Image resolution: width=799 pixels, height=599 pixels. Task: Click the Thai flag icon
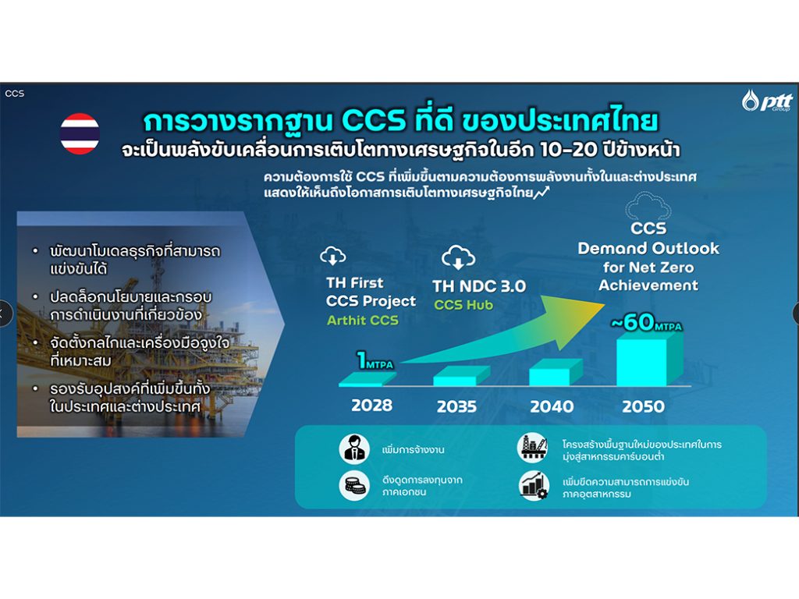coord(80,133)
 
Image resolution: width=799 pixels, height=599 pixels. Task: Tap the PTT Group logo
coord(768,101)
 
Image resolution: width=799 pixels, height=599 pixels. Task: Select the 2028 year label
coord(372,406)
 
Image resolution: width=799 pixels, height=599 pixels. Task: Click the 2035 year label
coord(456,406)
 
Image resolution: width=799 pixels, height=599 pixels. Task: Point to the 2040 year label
coord(552,406)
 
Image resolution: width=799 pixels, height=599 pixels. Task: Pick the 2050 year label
coord(643,406)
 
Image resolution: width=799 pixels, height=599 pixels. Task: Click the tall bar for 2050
coord(649,359)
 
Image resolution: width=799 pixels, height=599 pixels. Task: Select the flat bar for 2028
coord(367,379)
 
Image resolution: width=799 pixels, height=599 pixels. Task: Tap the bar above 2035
coord(461,376)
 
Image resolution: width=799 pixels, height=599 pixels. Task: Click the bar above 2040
coord(556,372)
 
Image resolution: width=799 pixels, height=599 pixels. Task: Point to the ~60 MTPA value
coord(646,322)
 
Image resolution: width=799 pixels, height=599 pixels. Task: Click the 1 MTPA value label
coord(375,360)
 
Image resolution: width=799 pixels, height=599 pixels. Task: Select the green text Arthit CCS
coord(362,321)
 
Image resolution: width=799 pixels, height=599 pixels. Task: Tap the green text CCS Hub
coord(463,305)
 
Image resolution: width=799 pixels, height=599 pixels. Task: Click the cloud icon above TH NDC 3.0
coord(458,257)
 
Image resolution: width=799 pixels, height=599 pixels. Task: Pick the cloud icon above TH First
coord(332,256)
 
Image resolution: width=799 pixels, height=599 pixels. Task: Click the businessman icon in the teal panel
coord(354,448)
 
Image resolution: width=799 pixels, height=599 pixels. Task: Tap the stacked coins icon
coord(354,484)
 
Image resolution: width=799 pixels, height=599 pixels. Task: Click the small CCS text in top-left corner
coord(15,94)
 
